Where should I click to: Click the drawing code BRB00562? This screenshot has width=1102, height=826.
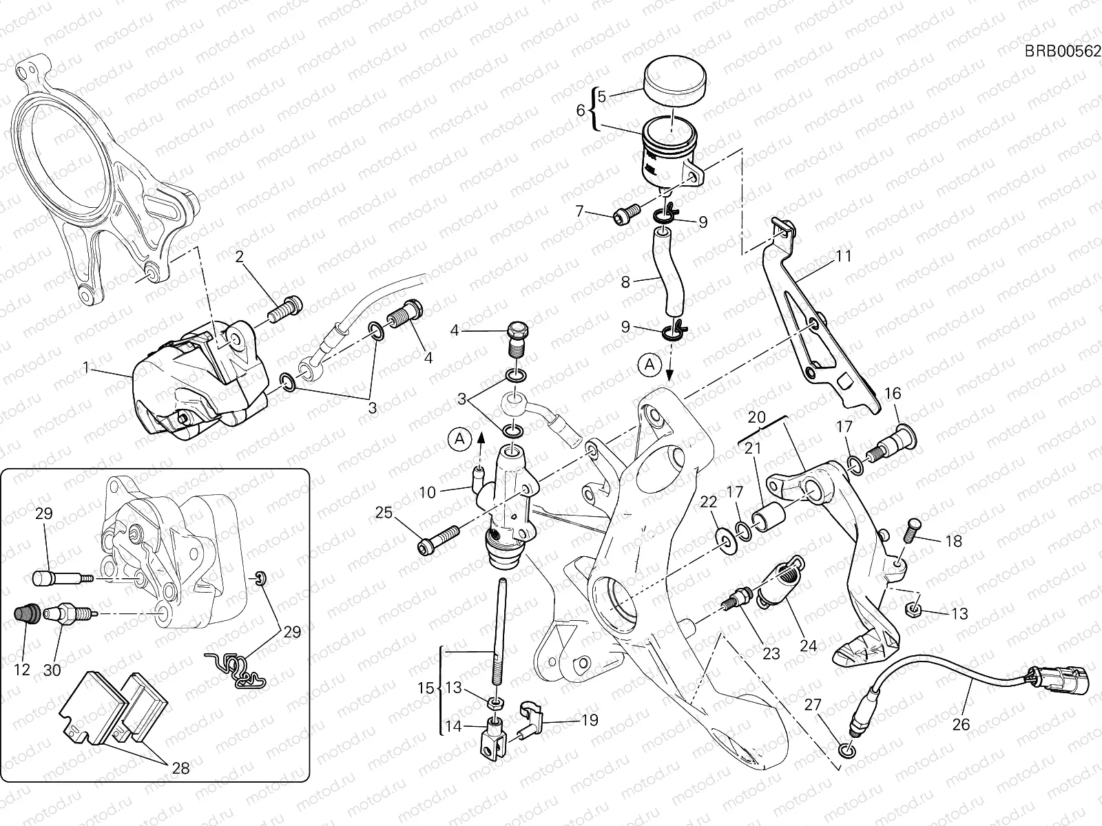tap(1062, 50)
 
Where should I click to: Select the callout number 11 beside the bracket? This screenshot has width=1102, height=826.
tap(844, 256)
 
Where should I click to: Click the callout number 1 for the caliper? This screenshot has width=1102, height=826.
tap(86, 368)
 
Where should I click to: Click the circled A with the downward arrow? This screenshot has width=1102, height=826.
tap(649, 366)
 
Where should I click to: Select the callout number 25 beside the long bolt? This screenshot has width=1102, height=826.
tap(384, 512)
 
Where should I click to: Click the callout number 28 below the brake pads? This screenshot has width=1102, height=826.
tap(180, 767)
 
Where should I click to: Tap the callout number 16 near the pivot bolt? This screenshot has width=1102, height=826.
tap(893, 394)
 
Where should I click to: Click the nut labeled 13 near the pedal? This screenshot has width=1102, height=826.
tap(912, 608)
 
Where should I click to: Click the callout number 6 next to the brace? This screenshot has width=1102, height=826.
tap(580, 109)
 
